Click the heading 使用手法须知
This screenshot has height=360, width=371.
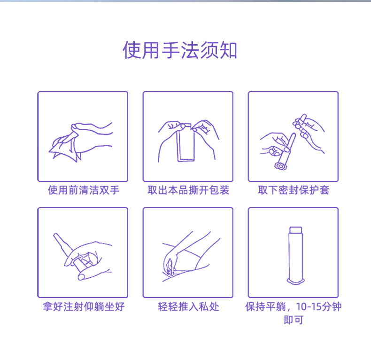[180, 50]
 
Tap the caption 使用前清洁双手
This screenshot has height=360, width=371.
[82, 190]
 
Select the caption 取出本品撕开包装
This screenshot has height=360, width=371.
[188, 190]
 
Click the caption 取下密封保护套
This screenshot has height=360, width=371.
[293, 190]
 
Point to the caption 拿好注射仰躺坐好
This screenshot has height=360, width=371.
[83, 307]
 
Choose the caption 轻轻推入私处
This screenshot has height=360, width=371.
[188, 307]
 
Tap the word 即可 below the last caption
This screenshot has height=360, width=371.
[293, 321]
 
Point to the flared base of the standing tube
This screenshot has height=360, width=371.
[295, 282]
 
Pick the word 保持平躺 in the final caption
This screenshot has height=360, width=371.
[264, 307]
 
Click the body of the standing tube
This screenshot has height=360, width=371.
[295, 256]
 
